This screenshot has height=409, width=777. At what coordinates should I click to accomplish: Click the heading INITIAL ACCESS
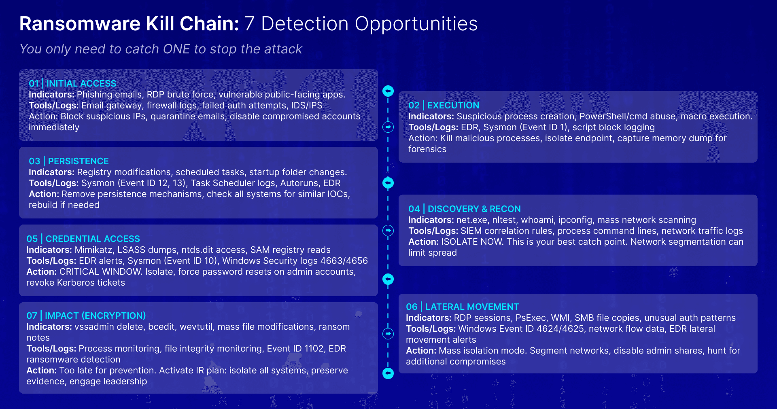coord(81,83)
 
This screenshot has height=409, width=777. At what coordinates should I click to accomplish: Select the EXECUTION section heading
coord(453,105)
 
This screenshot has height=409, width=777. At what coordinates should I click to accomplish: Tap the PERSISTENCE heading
coord(78,161)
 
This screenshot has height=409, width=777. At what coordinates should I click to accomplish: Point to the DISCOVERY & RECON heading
coord(474,209)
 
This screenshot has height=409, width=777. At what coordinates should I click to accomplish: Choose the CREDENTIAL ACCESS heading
coord(93,239)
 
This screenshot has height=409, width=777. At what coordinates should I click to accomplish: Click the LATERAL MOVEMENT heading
coord(472,307)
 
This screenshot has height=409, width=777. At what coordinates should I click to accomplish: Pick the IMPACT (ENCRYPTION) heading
coord(95,316)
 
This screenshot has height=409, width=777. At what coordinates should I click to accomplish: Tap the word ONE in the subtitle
coord(176,49)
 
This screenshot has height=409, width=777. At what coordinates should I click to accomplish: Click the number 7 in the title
coord(249,23)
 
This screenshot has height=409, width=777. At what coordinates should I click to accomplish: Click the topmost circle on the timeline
coord(388,91)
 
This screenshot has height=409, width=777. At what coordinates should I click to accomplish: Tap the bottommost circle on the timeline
coord(388,373)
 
